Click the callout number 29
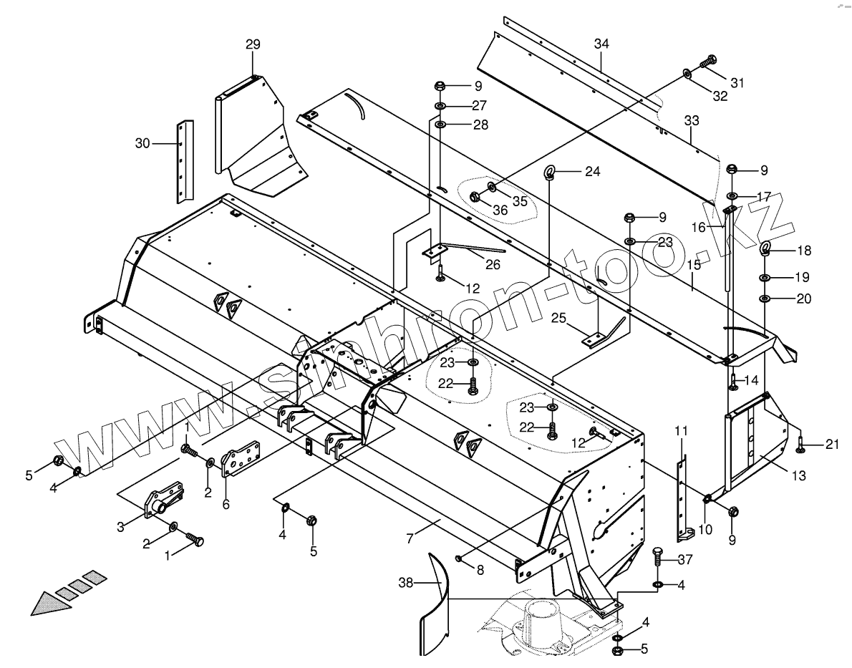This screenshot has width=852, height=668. point(253,44)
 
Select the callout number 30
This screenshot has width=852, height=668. point(143,143)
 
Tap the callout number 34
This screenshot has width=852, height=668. point(601,44)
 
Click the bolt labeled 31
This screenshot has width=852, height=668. point(709,63)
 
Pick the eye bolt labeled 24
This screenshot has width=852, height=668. point(550,171)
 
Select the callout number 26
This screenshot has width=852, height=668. point(492,264)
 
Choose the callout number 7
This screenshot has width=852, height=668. point(410,539)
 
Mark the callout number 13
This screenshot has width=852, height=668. point(798,475)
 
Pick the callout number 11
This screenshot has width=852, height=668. point(681,431)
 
